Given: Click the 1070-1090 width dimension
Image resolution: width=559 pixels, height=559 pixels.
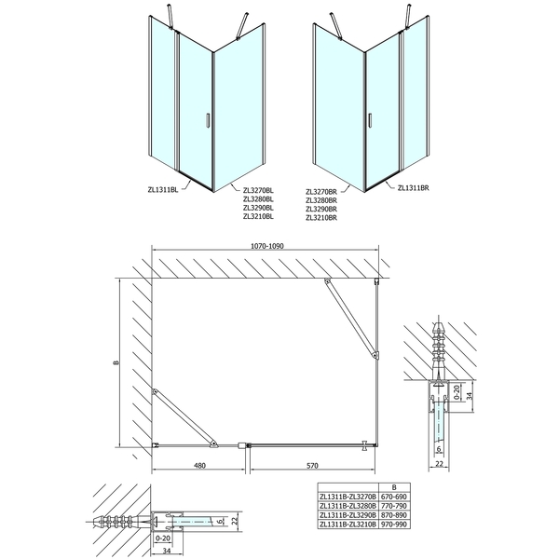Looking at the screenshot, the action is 267,246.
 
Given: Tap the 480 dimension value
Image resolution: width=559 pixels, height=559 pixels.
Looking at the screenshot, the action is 199,465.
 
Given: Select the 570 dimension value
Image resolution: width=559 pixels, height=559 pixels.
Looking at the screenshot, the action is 312,465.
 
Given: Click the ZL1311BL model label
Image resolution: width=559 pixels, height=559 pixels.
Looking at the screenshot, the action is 162,190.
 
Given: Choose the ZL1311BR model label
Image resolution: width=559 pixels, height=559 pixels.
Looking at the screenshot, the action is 413,187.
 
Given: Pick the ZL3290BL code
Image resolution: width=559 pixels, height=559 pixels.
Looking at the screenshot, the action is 258,208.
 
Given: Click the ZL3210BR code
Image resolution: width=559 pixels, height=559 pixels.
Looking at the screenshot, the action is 321,217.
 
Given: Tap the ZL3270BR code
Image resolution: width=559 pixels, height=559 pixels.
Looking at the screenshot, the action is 321,191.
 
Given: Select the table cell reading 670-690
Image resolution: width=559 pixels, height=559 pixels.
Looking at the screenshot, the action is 393,497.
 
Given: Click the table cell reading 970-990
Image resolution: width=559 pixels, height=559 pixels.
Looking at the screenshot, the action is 393,524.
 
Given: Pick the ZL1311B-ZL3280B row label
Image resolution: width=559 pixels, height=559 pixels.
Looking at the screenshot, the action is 348,506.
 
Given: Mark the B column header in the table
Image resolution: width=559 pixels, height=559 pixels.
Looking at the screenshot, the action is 394,487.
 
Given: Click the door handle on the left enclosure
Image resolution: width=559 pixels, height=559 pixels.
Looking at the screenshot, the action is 207,120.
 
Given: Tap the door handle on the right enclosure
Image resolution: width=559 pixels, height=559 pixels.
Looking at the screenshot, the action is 371,120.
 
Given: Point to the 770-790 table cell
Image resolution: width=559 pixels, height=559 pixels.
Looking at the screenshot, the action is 393,506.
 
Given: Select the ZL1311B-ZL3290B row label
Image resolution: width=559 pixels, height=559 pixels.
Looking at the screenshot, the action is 348,515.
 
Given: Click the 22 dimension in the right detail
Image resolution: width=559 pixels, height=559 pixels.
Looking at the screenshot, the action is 439,463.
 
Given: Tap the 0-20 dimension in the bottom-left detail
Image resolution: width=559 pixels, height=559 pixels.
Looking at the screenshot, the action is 163,538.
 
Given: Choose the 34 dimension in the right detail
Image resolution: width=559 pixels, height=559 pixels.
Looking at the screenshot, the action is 470,395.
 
